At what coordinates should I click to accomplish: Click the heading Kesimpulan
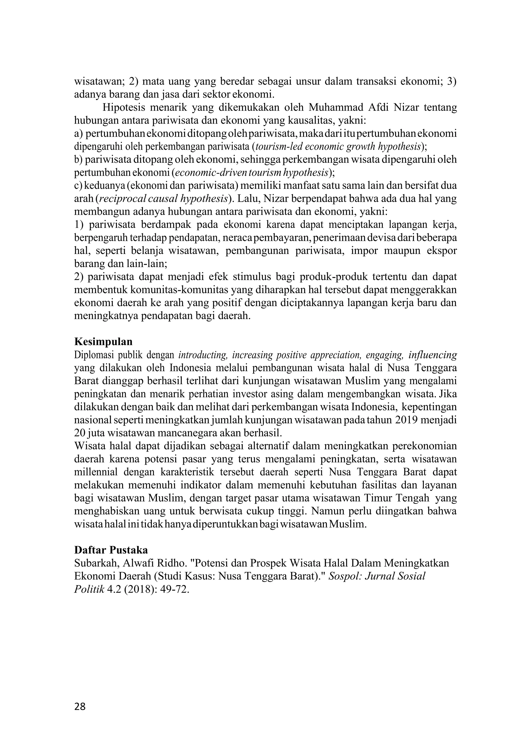point(103,342)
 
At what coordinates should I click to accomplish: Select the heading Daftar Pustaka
point(111,550)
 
